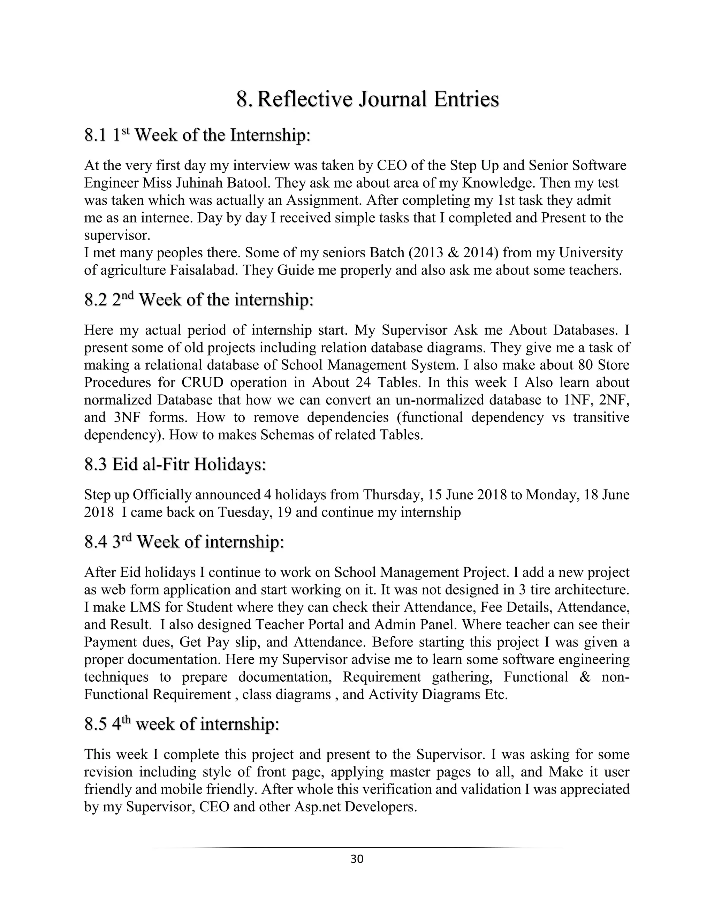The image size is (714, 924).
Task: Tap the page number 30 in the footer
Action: (357, 859)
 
